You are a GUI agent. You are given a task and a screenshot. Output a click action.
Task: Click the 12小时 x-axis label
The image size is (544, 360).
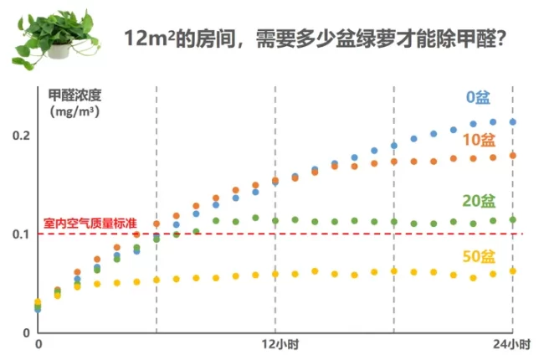coord(275,344)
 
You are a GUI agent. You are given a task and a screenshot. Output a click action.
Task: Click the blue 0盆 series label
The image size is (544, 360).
coord(478,97)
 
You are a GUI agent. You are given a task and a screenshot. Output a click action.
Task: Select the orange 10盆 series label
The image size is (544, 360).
coord(478,138)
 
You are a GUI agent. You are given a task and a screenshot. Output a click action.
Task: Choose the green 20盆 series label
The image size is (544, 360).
coord(478,201)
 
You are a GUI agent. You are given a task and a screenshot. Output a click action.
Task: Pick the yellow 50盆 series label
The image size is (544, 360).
coord(478,255)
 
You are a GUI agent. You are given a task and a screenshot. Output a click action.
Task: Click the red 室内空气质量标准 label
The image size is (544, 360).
coord(90,224)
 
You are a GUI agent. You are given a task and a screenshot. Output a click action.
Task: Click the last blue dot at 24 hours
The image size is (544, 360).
coord(513,122)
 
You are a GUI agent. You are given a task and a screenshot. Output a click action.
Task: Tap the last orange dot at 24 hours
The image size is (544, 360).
coord(513,155)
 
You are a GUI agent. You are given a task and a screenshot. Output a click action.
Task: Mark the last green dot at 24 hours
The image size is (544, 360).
coord(513,220)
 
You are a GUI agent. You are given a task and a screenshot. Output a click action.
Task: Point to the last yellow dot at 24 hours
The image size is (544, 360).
coord(513,270)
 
